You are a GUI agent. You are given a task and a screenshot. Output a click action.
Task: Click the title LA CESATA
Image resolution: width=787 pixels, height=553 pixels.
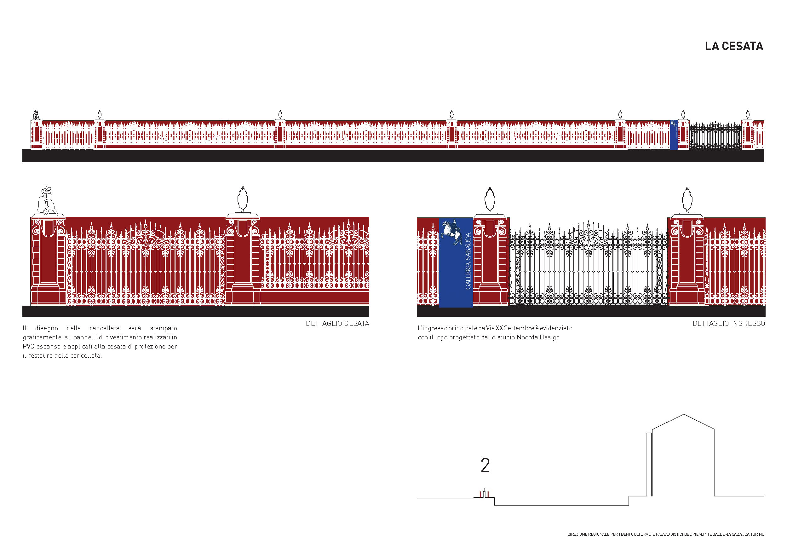(x=734, y=46)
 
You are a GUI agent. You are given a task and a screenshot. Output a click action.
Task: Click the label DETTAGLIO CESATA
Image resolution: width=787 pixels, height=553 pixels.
(x=337, y=323)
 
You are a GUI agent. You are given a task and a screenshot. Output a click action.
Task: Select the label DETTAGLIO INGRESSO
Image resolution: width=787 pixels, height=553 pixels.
(x=729, y=323)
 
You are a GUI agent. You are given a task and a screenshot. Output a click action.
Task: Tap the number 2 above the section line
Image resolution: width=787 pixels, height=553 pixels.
(x=485, y=465)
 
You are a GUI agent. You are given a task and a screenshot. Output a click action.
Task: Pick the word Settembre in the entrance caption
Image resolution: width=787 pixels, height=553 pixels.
(x=519, y=328)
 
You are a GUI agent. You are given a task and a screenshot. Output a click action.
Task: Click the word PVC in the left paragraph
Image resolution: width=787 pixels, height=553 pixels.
(x=28, y=346)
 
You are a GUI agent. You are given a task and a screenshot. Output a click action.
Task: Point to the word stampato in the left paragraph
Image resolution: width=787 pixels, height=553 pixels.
(x=164, y=328)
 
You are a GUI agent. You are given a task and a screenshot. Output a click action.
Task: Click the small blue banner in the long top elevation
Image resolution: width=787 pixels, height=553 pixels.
(x=674, y=135)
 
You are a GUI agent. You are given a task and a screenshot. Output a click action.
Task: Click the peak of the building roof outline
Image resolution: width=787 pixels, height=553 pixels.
(x=684, y=414)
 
